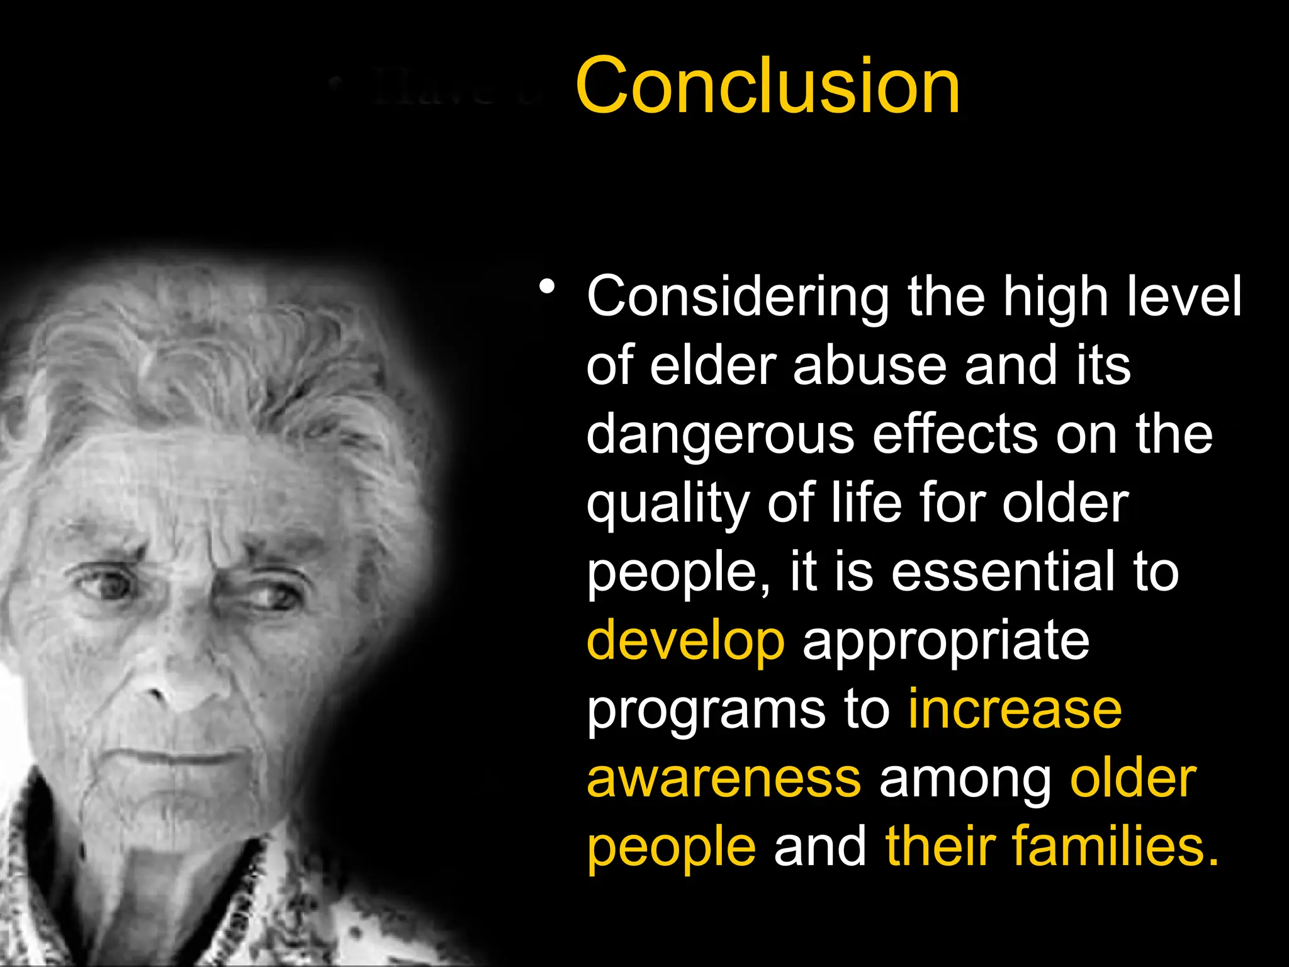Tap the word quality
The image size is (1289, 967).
pyautogui.click(x=668, y=504)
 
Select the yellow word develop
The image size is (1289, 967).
pyautogui.click(x=685, y=642)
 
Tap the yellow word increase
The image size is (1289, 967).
pyautogui.click(x=1015, y=709)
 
